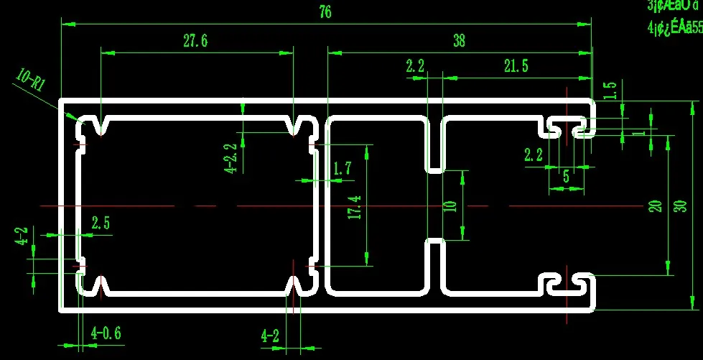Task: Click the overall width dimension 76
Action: (325, 13)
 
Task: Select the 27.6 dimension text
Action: (195, 41)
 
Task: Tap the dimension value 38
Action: (459, 41)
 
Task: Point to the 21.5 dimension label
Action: (516, 66)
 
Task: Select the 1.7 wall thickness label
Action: (343, 168)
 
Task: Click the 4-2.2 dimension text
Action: (231, 158)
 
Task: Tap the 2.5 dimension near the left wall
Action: (101, 223)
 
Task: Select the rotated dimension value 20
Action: (655, 206)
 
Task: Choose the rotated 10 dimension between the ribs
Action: (450, 206)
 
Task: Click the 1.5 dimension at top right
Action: (610, 91)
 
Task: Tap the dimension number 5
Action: (566, 175)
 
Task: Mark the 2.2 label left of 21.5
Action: (415, 66)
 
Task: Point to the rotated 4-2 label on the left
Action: (22, 236)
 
